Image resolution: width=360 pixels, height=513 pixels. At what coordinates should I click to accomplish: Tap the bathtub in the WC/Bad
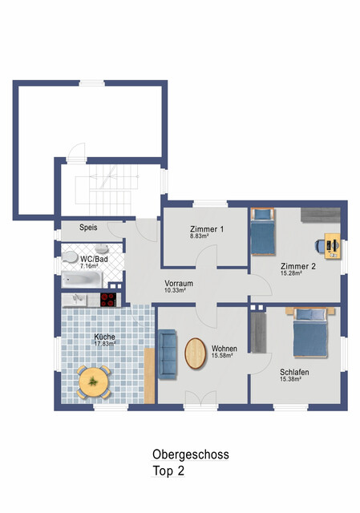coord(83,281)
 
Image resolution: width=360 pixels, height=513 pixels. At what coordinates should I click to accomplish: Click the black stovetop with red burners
coord(109,300)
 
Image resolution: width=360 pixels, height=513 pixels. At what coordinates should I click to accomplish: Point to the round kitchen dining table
coord(94,380)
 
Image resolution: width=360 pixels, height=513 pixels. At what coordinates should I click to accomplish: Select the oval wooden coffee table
coord(196,353)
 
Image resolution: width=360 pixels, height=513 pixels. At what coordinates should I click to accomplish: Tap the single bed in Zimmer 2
coord(261,230)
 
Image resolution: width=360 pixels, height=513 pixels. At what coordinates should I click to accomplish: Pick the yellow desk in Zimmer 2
coord(332,244)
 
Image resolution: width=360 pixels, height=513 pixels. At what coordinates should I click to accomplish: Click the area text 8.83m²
coord(200,236)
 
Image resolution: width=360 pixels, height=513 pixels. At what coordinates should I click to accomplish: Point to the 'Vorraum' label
coord(178,284)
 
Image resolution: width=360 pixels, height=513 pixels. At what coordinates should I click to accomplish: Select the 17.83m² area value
coord(104,344)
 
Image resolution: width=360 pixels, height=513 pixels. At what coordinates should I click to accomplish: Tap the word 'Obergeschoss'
coord(191,454)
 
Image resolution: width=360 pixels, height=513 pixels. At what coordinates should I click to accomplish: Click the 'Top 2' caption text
coord(169,471)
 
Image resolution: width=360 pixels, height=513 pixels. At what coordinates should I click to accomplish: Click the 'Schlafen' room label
coord(295,372)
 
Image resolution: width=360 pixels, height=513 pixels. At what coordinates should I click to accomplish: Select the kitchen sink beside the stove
coord(79,300)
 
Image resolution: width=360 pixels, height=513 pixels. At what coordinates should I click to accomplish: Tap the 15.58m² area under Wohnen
coord(221,356)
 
